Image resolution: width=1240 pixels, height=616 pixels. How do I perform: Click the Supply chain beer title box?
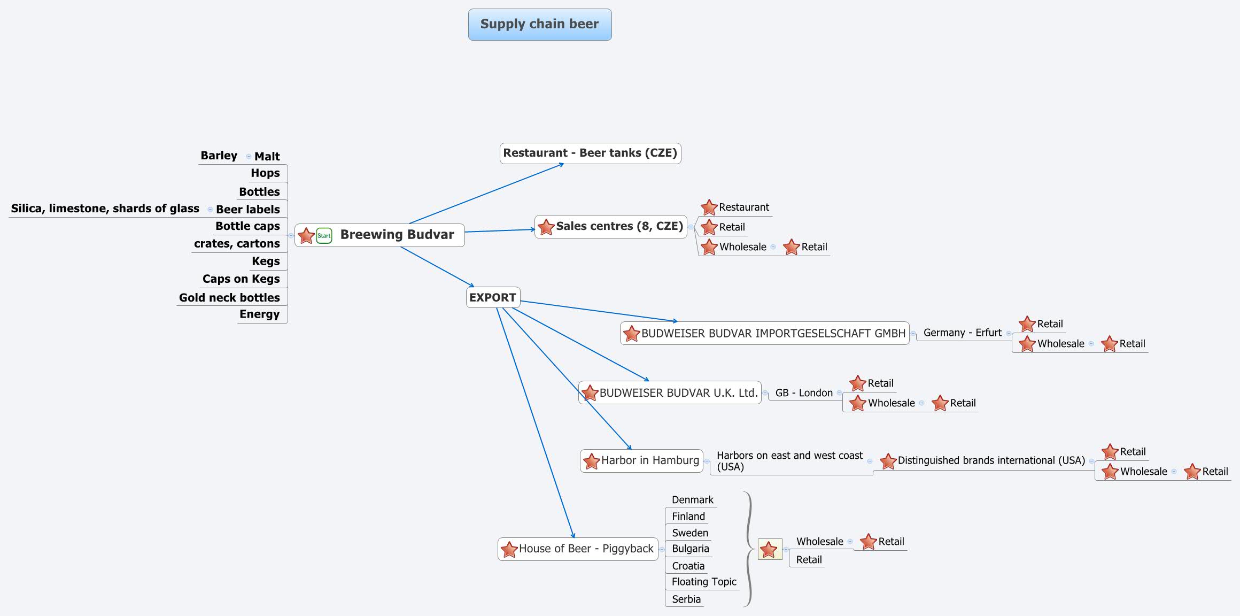(539, 24)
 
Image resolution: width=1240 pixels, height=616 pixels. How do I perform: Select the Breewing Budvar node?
(397, 235)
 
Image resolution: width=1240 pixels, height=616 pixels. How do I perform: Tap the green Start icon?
(324, 235)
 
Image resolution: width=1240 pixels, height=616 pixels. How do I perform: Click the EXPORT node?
(492, 297)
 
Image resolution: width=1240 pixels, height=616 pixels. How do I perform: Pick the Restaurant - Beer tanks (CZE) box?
(590, 153)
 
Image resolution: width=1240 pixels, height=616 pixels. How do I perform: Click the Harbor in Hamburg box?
(649, 460)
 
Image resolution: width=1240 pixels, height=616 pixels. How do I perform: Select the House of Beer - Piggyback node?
(585, 549)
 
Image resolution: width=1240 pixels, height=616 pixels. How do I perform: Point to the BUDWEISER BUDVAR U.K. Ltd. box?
(678, 392)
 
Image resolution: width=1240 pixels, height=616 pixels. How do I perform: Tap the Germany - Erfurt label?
(962, 333)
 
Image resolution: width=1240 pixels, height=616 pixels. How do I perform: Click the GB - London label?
(804, 393)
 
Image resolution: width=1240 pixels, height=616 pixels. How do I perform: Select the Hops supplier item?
(265, 173)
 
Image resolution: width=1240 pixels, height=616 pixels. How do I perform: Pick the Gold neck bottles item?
(229, 297)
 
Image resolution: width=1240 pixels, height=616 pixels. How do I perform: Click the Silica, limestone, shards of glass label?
(105, 209)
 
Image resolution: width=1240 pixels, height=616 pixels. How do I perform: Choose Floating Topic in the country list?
(704, 582)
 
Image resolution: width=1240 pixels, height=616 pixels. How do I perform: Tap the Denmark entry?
(692, 500)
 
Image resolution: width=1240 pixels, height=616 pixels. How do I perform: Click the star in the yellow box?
(769, 549)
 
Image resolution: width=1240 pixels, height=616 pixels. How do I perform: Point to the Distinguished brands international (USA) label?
(991, 460)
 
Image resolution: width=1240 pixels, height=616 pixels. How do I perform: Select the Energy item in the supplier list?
(259, 314)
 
